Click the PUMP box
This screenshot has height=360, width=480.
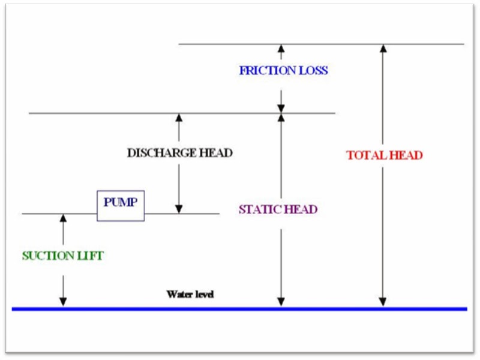(121, 206)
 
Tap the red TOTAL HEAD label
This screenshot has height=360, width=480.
(385, 155)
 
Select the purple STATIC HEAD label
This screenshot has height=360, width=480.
(278, 210)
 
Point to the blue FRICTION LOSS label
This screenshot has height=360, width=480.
(283, 70)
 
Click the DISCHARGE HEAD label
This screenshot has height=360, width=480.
(179, 153)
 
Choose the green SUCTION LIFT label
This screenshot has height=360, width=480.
(63, 256)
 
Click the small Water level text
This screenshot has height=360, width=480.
(190, 295)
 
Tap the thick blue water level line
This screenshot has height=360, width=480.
(240, 309)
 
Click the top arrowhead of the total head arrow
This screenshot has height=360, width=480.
(382, 49)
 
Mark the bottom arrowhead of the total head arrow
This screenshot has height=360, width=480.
(382, 302)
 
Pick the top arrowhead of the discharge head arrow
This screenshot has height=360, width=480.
(179, 118)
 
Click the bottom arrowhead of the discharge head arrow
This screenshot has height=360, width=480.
(179, 209)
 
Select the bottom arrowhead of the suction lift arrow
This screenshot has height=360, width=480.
(63, 302)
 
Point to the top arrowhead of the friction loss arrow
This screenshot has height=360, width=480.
(280, 49)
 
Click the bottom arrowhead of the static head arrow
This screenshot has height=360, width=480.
(280, 302)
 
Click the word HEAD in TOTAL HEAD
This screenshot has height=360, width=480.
(406, 155)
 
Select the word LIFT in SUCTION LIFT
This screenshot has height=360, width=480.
(91, 256)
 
